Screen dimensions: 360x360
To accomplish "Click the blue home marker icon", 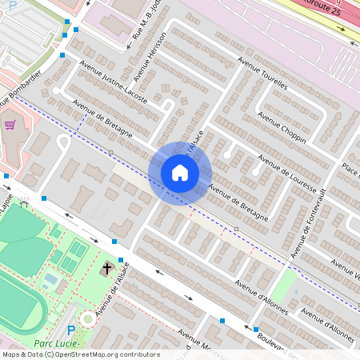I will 180,173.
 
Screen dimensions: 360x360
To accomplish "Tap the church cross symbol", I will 107,269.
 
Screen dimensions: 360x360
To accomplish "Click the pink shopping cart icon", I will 10,125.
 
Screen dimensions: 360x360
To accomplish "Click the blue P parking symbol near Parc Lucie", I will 70,330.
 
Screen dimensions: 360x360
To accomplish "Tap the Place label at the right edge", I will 350,170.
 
